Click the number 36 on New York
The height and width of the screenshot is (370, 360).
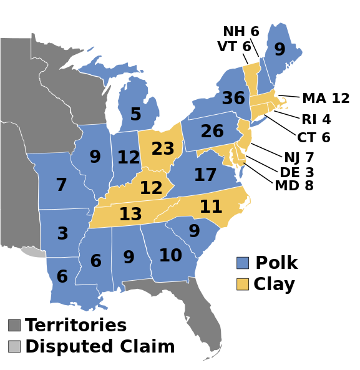pos(233,99)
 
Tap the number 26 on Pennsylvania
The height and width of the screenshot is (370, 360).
pos(212,132)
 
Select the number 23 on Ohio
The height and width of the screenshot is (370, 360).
pos(163,149)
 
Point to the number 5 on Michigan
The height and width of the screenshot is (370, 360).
pos(135,115)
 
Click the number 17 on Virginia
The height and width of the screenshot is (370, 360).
pos(205,175)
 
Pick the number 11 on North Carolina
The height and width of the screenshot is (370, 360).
pos(211,207)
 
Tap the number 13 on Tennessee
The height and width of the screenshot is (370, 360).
pos(130,215)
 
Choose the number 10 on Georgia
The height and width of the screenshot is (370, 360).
pos(170,256)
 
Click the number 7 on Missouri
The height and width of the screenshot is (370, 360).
pos(61,185)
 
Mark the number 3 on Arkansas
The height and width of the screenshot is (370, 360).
pos(62,234)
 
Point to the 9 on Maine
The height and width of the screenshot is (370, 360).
pos(280,50)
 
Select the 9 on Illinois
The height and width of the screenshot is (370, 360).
pos(95,157)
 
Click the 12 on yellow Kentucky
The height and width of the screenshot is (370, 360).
pos(151,188)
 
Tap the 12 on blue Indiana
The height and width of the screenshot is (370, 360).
pos(129,158)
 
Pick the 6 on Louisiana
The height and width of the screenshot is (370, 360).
pos(62,277)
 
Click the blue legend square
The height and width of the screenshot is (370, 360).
pos(243,263)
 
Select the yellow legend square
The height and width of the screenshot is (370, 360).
pos(243,284)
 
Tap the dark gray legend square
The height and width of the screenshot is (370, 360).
pos(14,325)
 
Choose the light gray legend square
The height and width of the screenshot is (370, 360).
pos(14,346)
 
